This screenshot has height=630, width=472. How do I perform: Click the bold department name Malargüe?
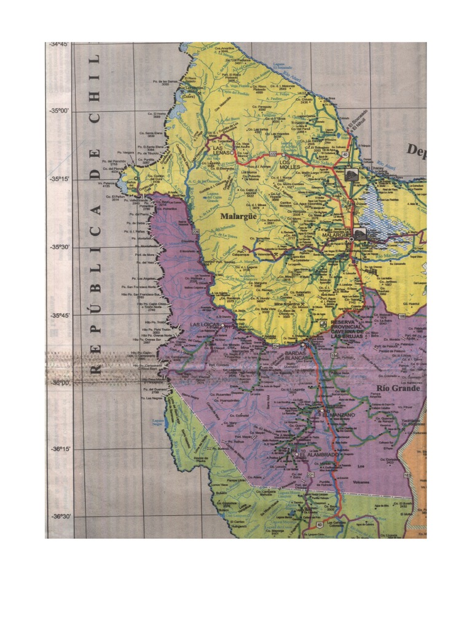tap(238, 217)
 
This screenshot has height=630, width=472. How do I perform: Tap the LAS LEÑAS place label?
tap(224, 150)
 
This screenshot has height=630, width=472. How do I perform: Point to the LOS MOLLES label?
tap(291, 164)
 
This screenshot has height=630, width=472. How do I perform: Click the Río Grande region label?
tap(398, 388)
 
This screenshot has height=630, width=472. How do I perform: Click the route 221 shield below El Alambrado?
tap(311, 476)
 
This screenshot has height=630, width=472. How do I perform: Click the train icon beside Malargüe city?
tap(359, 233)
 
